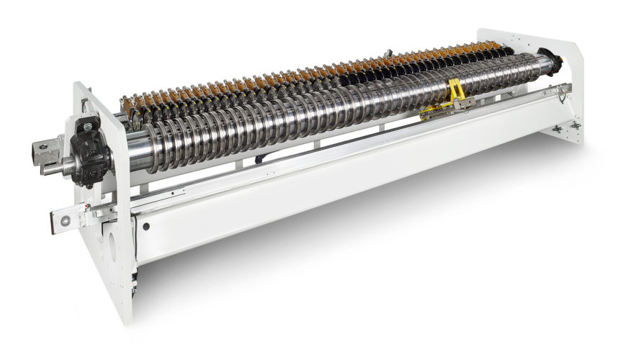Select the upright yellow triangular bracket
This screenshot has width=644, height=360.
click(x=455, y=93)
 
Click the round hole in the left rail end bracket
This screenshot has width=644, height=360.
click(x=65, y=221)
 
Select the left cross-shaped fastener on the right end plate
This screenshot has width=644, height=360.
click(x=557, y=129)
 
